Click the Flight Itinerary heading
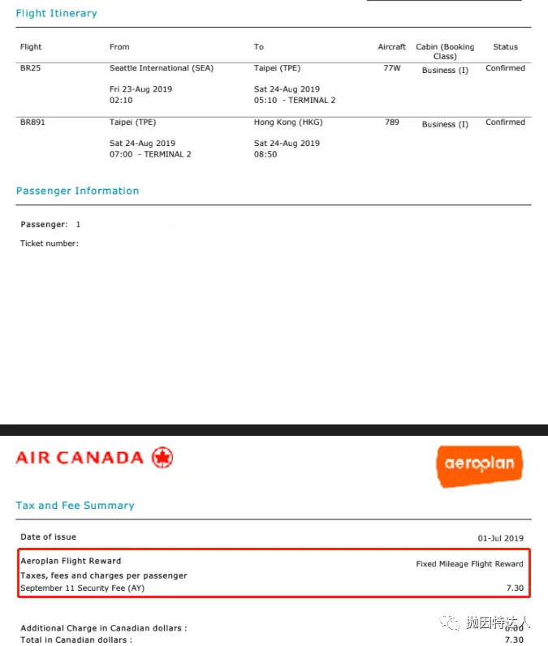[56, 13]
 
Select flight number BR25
[30, 68]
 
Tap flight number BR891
[33, 123]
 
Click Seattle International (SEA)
[162, 68]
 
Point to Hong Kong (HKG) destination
[287, 123]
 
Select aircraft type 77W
[391, 68]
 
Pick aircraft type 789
[391, 123]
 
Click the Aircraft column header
[391, 47]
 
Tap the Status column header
[505, 47]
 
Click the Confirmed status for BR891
[505, 123]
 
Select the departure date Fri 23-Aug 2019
[140, 89]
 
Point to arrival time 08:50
[265, 154]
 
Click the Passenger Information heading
[77, 191]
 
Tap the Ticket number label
[49, 243]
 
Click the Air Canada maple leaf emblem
[162, 458]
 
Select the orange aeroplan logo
[478, 465]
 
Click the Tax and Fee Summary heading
[75, 505]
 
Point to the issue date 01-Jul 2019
[500, 538]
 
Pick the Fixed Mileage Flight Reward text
[469, 563]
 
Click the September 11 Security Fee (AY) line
[82, 588]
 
